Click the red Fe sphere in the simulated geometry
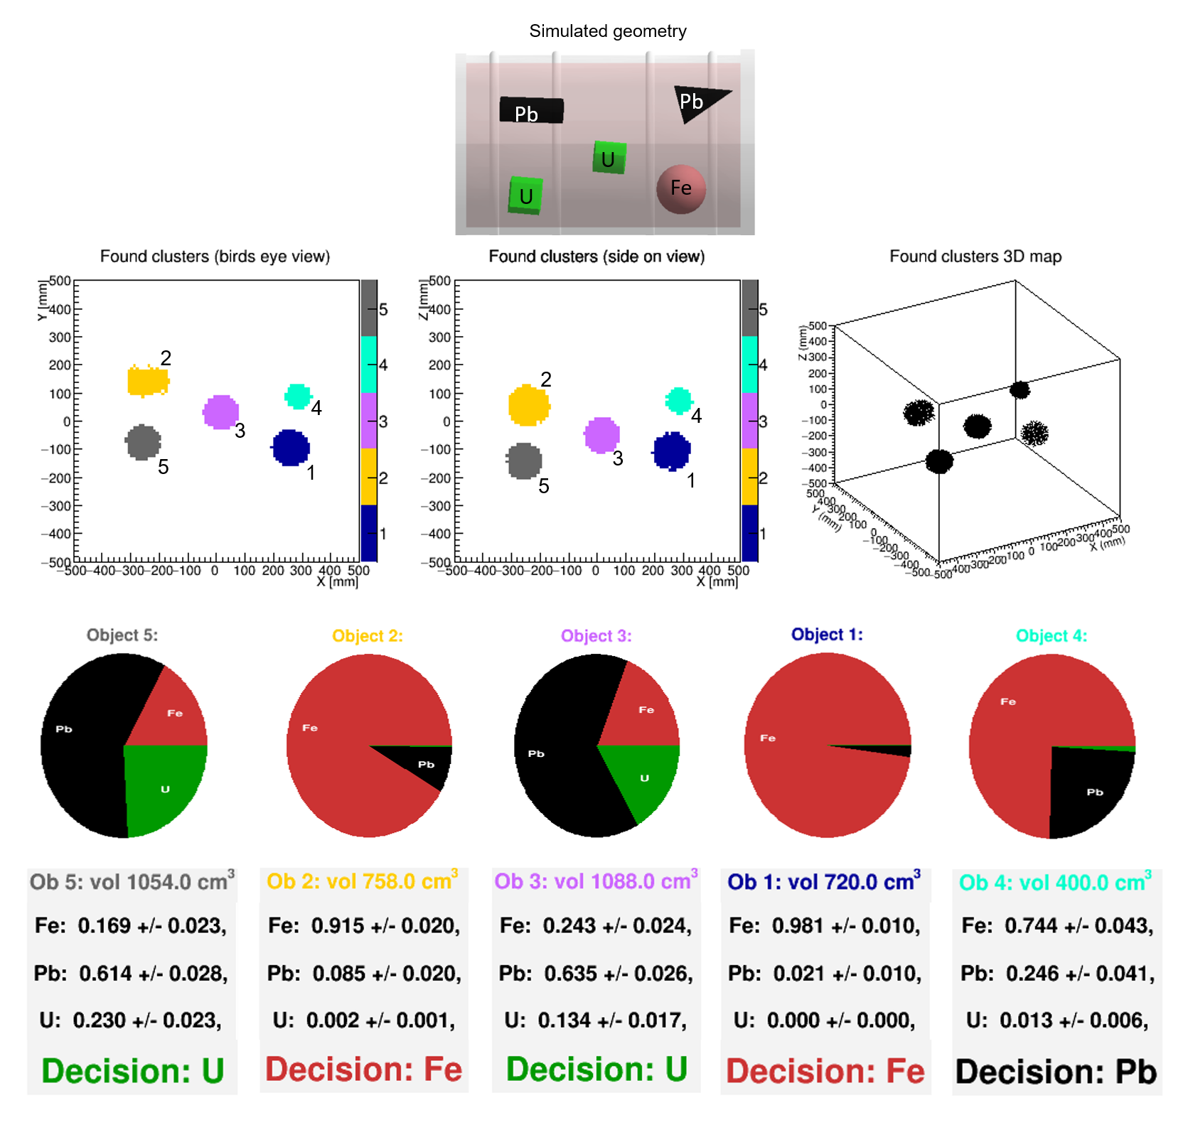tap(680, 189)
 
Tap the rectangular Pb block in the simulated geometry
tap(531, 110)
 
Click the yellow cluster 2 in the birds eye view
tap(147, 381)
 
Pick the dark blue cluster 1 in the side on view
tap(671, 451)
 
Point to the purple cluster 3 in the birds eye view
tap(220, 412)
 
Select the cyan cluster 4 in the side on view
tap(679, 401)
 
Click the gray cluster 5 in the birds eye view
tap(143, 442)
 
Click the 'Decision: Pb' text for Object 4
tap(1056, 1072)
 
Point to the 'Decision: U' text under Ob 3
tap(596, 1070)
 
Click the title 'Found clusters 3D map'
tap(975, 257)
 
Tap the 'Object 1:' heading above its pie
tap(827, 635)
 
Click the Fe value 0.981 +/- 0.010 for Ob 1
tap(825, 925)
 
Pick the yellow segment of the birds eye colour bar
tap(369, 477)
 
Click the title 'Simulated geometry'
tap(608, 31)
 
